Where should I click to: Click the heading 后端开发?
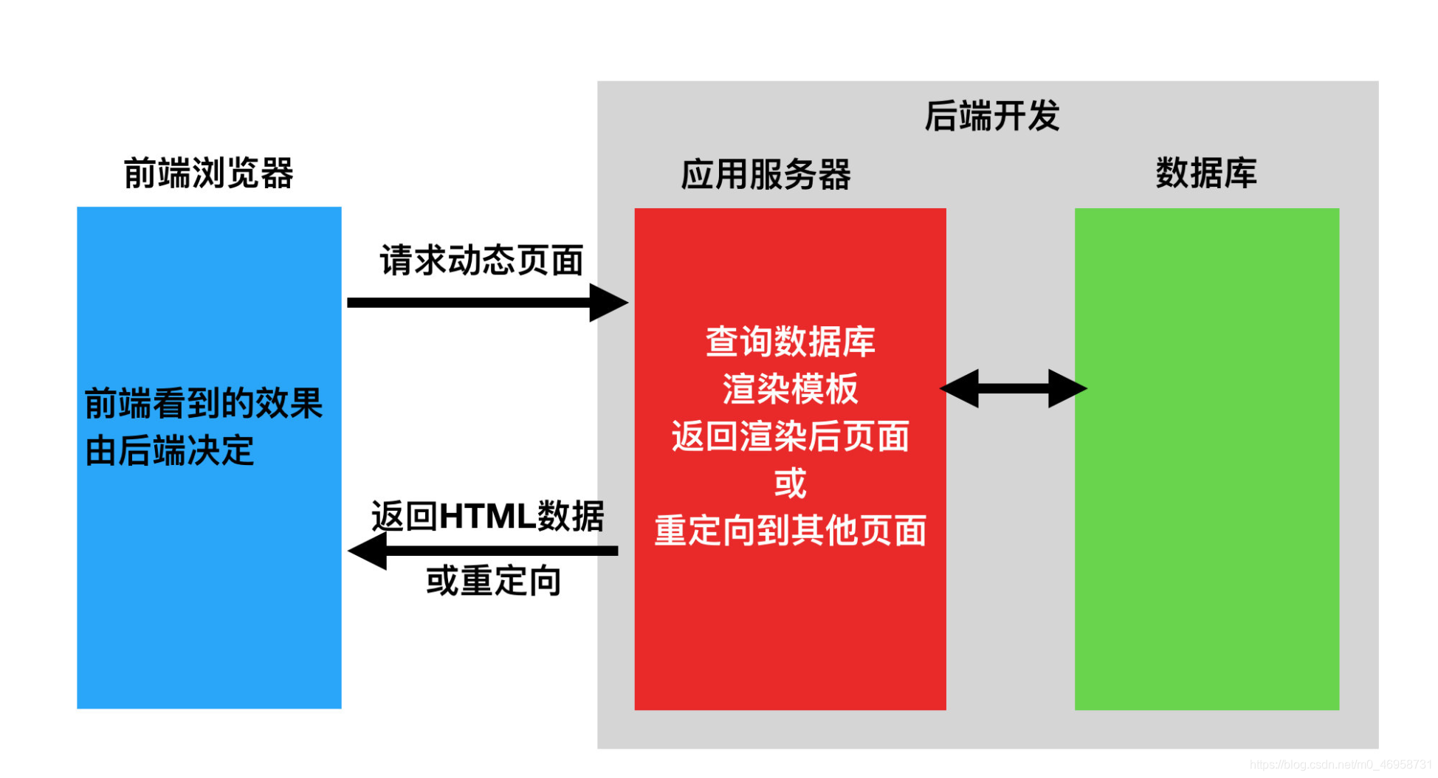click(991, 117)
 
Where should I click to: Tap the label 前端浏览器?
click(208, 173)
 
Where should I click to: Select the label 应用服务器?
click(766, 175)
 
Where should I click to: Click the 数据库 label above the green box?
click(1206, 173)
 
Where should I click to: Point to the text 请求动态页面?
click(481, 261)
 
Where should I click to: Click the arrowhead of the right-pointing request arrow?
click(608, 303)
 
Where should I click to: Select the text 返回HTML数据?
click(487, 516)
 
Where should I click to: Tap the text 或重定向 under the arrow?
click(493, 581)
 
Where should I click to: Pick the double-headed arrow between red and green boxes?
click(1013, 388)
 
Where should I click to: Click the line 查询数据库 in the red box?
click(790, 342)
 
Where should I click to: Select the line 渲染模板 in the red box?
click(790, 389)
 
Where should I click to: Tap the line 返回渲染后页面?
click(790, 436)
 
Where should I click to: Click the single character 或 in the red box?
click(790, 483)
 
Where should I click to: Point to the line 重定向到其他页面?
click(790, 531)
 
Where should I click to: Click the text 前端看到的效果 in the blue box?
click(204, 404)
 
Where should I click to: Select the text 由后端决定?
click(170, 451)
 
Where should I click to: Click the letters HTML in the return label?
click(487, 516)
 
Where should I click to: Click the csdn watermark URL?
click(1341, 765)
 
